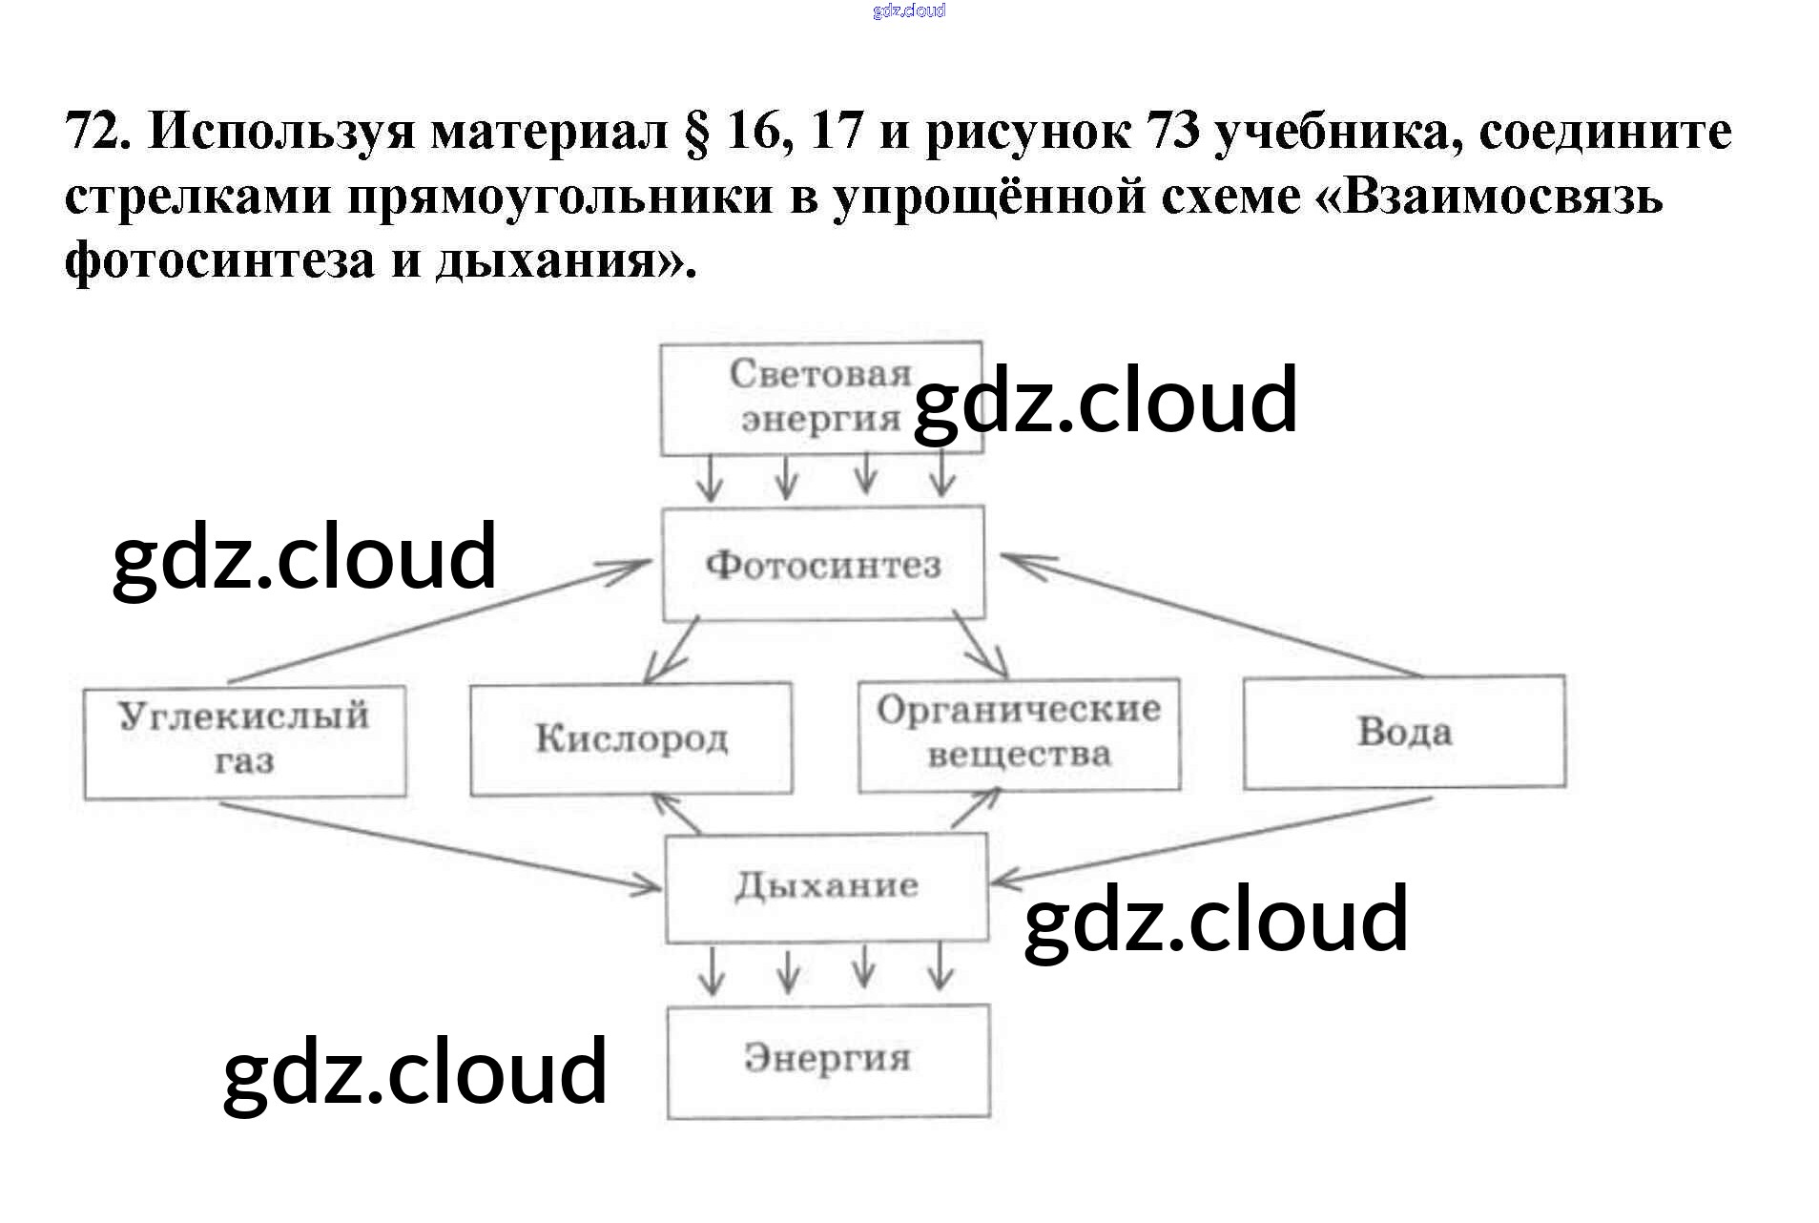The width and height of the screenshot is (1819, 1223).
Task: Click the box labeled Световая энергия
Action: coord(820,397)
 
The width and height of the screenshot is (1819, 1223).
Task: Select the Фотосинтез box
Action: coord(823,564)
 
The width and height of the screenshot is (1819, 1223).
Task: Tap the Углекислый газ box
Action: coord(244,740)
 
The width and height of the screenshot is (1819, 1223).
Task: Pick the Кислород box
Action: coord(630,737)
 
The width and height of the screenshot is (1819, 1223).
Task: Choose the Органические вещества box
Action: coord(1019,734)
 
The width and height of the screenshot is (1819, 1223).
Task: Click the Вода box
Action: coord(1404,732)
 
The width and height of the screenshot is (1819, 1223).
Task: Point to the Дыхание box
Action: coord(826,886)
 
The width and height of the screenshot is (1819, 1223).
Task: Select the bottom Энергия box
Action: coord(828,1060)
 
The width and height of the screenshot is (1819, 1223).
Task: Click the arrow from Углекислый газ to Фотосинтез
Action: coord(439,621)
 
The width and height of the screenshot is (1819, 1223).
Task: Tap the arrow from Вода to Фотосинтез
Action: coord(1211,615)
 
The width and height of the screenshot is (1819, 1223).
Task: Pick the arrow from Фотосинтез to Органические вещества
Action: coord(981,647)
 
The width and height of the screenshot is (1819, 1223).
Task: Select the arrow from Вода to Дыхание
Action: coord(1211,840)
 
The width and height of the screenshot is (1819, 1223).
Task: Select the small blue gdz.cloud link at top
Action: coord(908,11)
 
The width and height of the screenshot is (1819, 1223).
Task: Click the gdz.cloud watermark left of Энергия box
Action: coord(415,1071)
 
